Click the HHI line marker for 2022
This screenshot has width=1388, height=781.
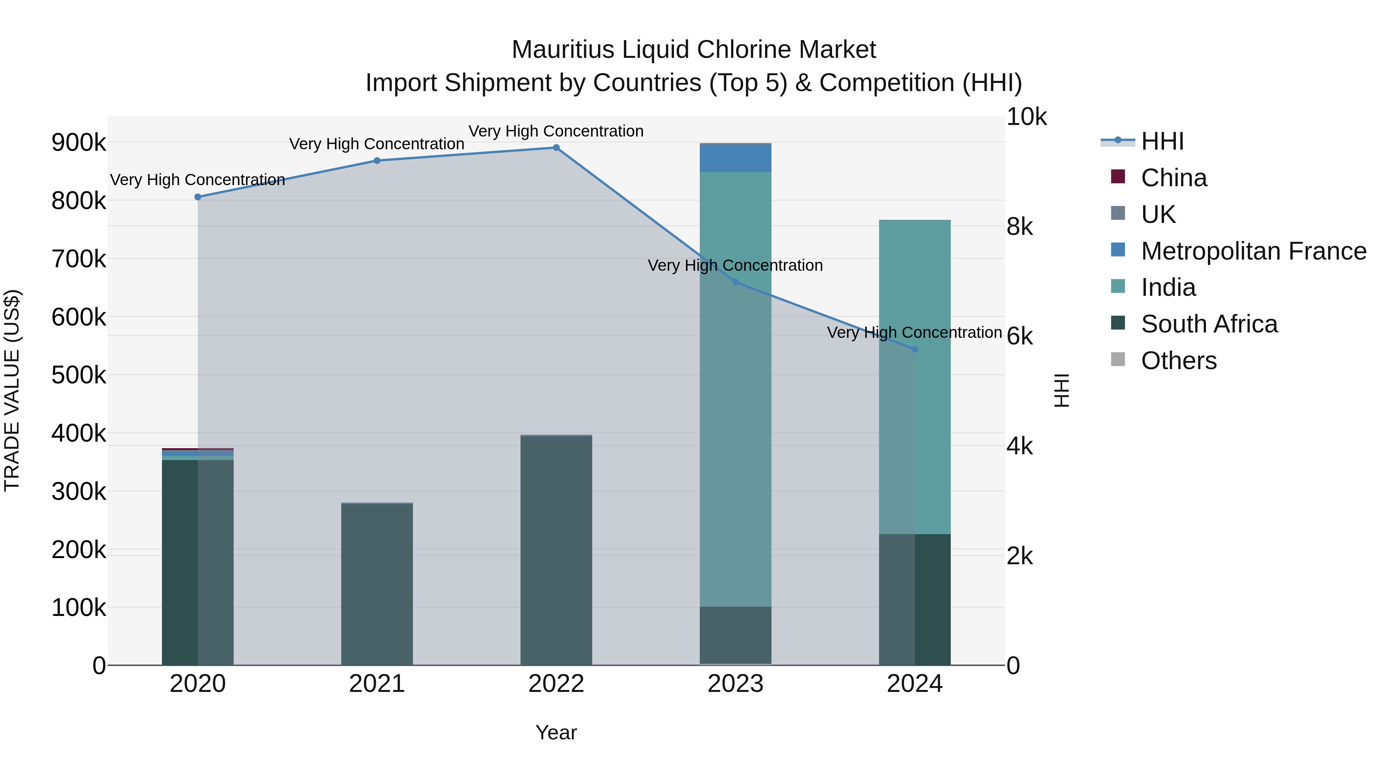click(556, 148)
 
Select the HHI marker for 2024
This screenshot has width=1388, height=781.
click(915, 349)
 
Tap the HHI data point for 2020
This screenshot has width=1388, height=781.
click(198, 197)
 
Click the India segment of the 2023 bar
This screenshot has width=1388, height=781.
click(736, 388)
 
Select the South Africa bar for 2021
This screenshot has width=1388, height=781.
click(377, 585)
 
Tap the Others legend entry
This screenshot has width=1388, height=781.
click(1178, 361)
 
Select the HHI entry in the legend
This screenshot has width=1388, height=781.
click(1162, 141)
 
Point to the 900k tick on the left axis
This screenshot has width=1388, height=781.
click(79, 143)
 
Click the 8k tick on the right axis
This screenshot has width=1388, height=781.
click(1019, 227)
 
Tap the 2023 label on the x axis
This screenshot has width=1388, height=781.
click(736, 684)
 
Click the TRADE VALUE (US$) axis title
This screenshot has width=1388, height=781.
click(12, 390)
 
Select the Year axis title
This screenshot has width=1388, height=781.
click(556, 732)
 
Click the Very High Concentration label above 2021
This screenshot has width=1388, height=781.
click(377, 144)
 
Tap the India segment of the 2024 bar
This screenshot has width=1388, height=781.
click(915, 377)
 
